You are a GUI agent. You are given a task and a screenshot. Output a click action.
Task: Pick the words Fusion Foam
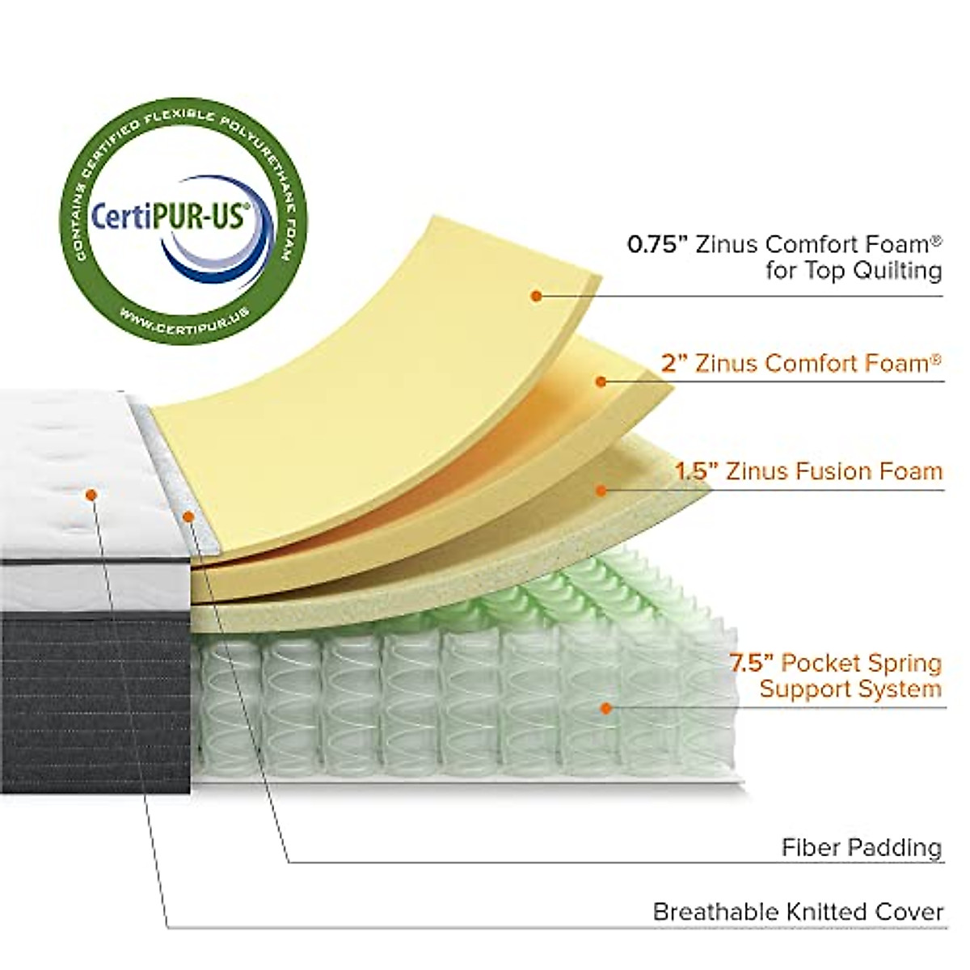[869, 470]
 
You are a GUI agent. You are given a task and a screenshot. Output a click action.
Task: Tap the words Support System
[850, 690]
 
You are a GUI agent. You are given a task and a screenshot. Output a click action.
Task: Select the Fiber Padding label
[862, 847]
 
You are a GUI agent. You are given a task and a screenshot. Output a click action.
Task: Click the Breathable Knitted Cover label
[798, 912]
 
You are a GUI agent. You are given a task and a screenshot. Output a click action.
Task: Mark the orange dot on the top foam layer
[535, 296]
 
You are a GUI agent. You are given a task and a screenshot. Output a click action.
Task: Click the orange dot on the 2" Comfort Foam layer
[601, 381]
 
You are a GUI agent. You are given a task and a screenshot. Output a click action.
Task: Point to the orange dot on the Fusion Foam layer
[601, 490]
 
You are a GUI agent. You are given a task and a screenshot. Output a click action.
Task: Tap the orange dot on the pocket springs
[605, 708]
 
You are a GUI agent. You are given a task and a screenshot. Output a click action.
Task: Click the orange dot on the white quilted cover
[91, 493]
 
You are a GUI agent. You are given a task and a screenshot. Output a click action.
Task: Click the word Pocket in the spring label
[808, 664]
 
